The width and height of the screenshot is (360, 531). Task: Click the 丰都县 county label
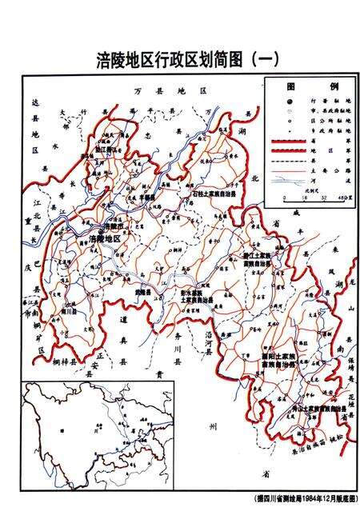[148, 194]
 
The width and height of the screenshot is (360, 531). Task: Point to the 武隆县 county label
[144, 293]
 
